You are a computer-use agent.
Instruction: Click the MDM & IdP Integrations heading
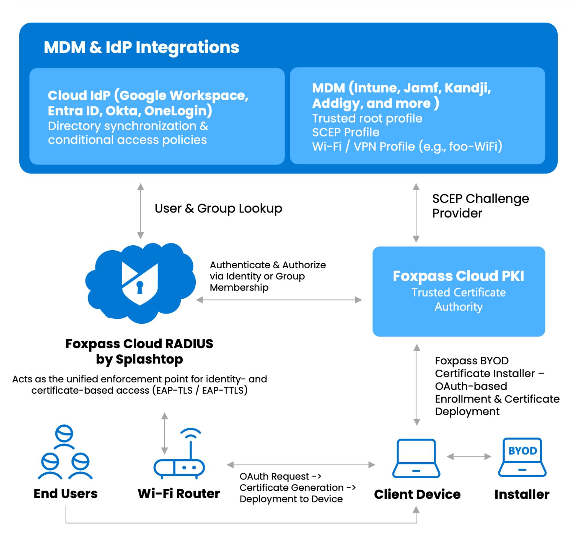tap(141, 47)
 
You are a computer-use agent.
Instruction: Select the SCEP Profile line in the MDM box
tap(346, 132)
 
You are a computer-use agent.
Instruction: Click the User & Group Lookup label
tap(218, 208)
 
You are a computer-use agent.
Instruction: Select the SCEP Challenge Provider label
tap(480, 206)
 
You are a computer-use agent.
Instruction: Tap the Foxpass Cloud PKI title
tap(458, 276)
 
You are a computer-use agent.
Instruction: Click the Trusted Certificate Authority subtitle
tap(458, 299)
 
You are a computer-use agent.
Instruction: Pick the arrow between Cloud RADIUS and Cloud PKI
tap(279, 300)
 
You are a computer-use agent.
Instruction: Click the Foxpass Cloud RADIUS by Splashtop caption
tap(139, 351)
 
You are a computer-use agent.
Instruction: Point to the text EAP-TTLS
tap(223, 390)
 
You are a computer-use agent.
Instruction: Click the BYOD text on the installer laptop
tap(523, 451)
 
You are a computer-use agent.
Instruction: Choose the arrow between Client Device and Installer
tap(469, 456)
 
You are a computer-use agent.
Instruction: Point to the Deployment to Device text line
tap(291, 499)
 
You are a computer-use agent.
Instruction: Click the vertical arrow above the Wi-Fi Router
tap(165, 433)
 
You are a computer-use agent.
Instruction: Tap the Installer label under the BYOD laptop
tap(522, 494)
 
